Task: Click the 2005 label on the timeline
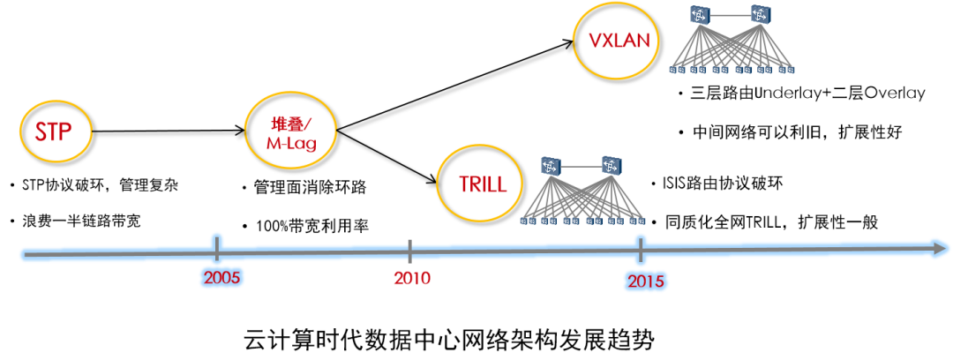click(222, 279)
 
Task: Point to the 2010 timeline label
click(411, 279)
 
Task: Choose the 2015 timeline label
click(646, 281)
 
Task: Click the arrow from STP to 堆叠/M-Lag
click(168, 130)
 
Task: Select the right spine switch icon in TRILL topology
click(611, 165)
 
